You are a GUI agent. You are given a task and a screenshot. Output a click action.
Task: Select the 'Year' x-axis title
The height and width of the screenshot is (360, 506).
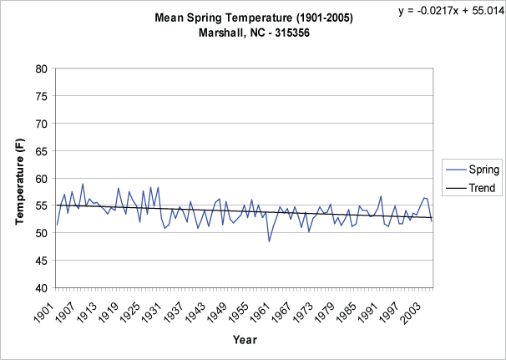245,340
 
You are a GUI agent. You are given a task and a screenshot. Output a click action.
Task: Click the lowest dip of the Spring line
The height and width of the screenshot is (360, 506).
269,241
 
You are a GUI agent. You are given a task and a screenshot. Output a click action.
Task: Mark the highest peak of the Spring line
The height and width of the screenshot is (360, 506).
83,184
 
